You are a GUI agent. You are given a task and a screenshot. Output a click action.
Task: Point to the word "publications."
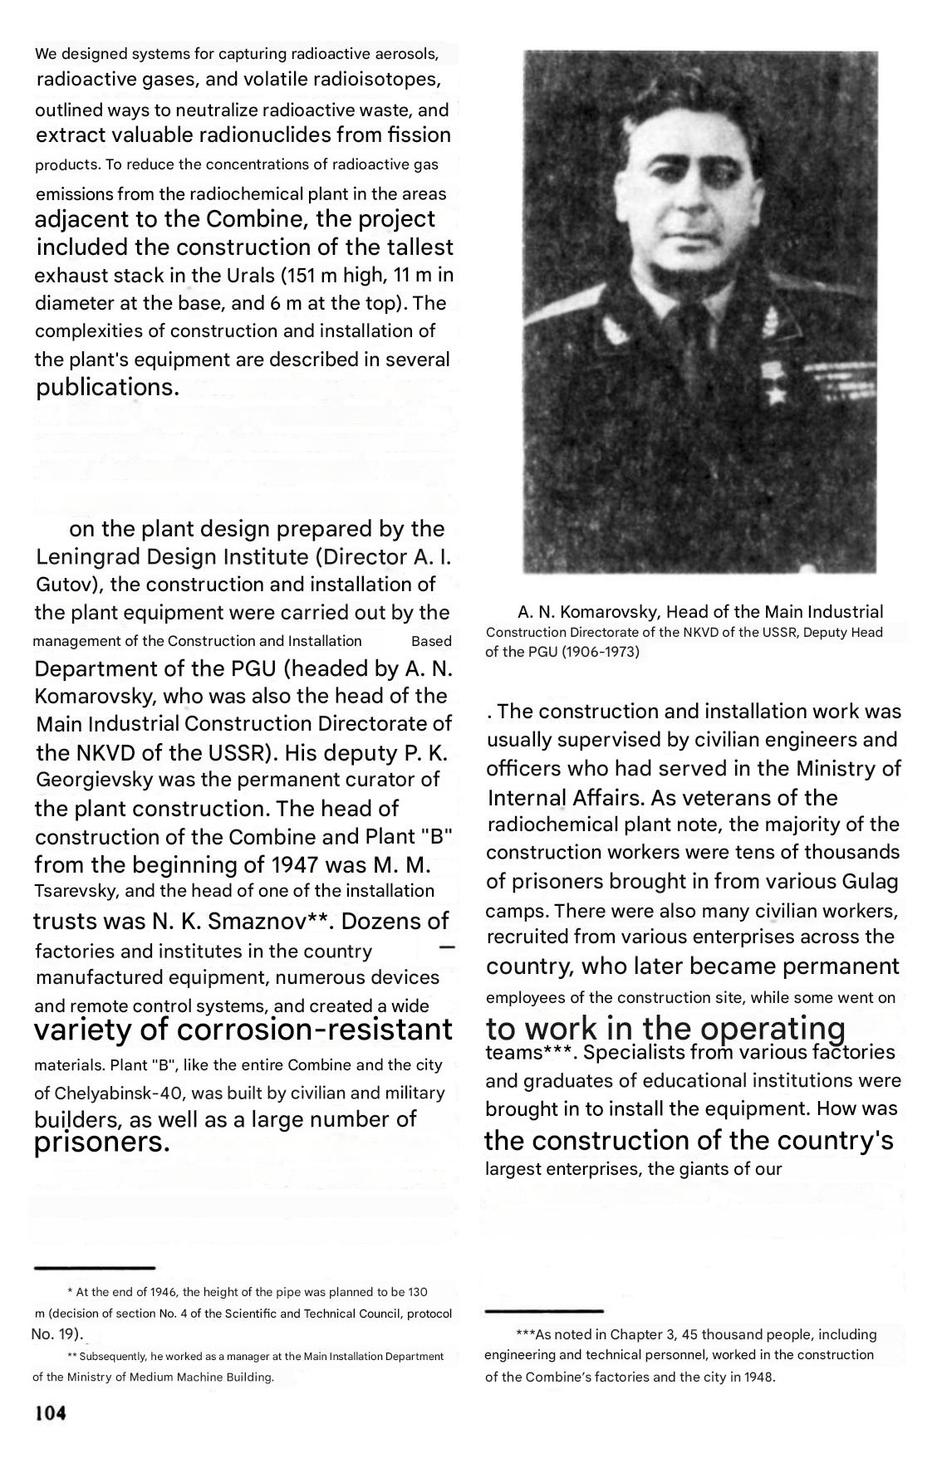(x=107, y=388)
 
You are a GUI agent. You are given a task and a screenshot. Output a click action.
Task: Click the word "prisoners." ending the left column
(x=101, y=1143)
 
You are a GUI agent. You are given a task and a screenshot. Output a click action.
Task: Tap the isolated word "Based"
(x=431, y=641)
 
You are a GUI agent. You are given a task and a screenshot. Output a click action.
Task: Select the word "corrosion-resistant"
(x=315, y=1030)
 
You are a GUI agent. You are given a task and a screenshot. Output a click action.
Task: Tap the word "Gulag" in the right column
(x=870, y=881)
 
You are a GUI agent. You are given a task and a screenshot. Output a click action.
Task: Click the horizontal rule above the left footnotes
(x=94, y=1268)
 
